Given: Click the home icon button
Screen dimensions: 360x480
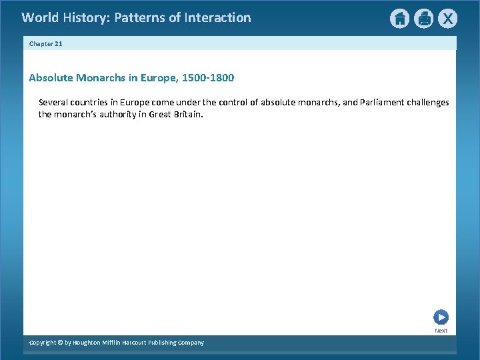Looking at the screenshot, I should coord(399,19).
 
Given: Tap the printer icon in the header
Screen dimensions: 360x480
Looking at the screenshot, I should coord(423,19).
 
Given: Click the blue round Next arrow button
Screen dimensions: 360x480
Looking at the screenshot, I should coord(441,317).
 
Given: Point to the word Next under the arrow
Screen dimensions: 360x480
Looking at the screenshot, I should coord(441,331).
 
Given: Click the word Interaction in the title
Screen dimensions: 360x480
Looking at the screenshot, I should coord(219,18).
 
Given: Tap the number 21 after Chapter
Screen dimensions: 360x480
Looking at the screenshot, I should coord(58,43).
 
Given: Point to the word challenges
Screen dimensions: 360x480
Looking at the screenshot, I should coord(428,103).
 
